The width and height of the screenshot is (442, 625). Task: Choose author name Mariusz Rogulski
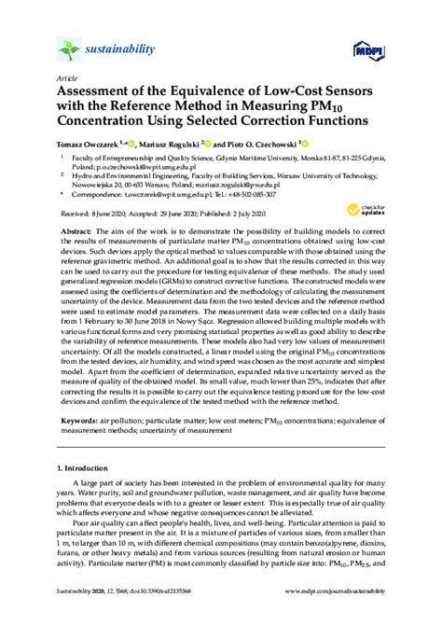[x=165, y=145]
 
